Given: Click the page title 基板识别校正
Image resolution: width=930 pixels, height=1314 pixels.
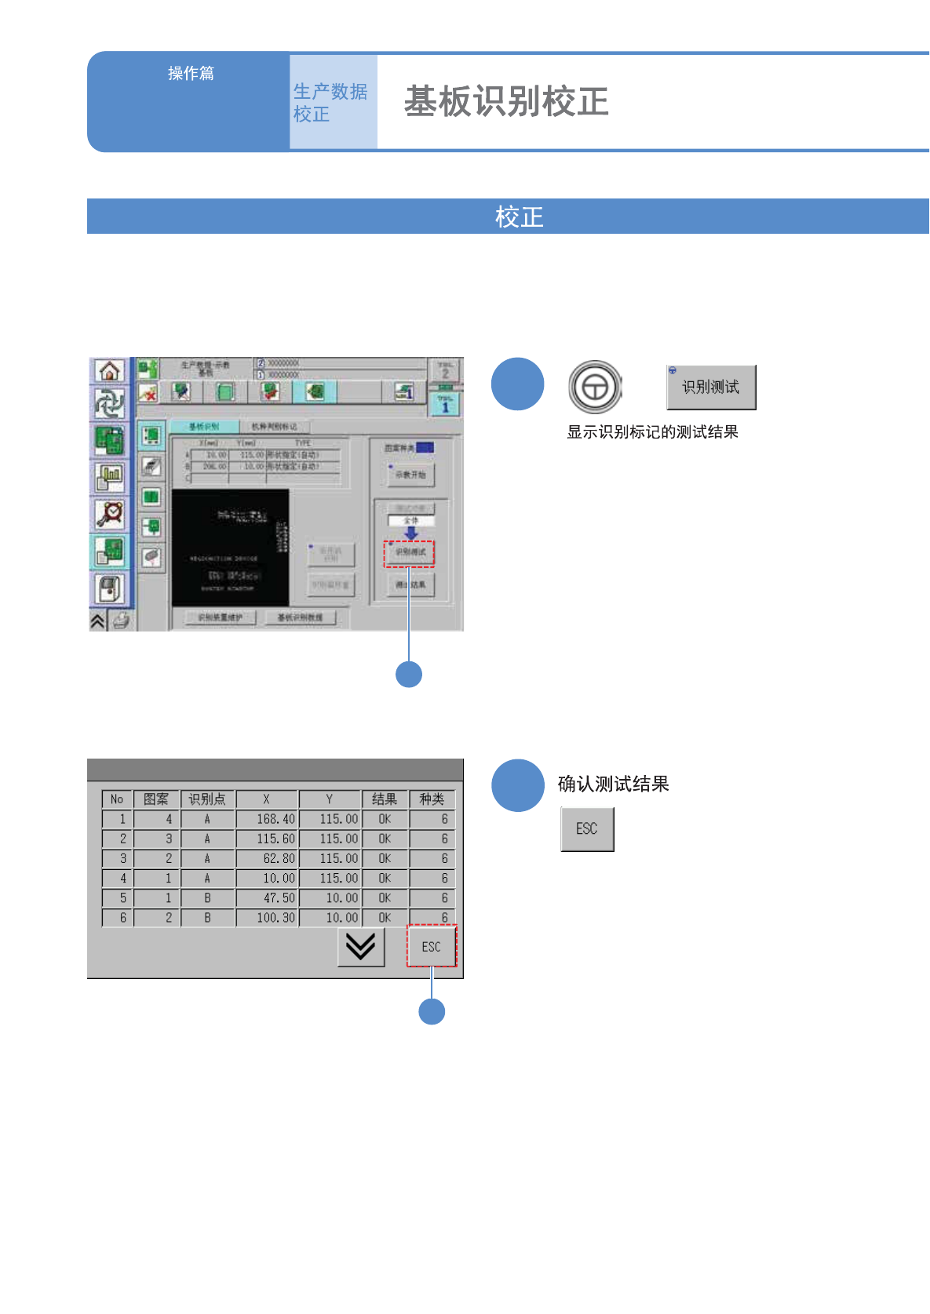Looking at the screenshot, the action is tap(506, 102).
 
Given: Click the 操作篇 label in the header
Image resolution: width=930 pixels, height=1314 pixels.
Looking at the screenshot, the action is tap(191, 73).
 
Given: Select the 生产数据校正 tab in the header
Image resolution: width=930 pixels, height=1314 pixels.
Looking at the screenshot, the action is tap(331, 102).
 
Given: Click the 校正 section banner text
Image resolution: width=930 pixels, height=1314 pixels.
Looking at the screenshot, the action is tap(519, 217).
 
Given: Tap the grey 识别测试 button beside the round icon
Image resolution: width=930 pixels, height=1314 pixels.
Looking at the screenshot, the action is tap(711, 387).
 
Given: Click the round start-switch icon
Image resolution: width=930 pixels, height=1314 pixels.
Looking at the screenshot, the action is tap(595, 387).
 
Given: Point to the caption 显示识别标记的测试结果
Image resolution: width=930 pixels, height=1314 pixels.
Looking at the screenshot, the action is tap(652, 432).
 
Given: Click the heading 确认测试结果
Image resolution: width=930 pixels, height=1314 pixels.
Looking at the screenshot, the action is tap(613, 784).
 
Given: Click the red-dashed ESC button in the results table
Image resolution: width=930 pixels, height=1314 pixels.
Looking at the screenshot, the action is tap(432, 947).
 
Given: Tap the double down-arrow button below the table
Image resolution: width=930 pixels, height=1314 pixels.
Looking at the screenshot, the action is tap(361, 947).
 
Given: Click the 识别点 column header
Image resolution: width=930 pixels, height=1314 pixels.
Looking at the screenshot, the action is tap(207, 799).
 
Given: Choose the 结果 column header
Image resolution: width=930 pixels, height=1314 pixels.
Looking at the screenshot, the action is tap(385, 799).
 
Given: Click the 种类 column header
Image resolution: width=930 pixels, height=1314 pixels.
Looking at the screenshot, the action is tap(432, 799).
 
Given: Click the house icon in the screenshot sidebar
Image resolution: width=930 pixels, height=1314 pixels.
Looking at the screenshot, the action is tap(110, 371).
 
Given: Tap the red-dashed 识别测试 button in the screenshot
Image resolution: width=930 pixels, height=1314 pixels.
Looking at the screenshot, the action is tap(410, 552).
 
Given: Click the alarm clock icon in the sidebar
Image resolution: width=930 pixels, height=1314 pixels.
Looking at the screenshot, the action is tap(110, 514).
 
